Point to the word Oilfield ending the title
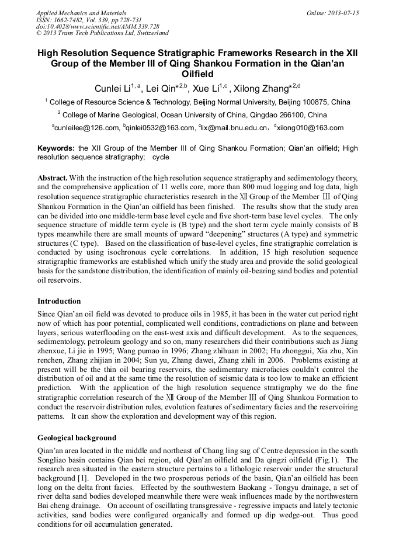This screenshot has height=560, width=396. pos(198,74)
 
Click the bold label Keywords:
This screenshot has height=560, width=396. pos(56,148)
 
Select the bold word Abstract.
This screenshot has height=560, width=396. pos(53,177)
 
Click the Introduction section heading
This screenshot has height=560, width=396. pos(59,301)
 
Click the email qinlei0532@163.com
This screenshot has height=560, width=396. pos(159,128)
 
